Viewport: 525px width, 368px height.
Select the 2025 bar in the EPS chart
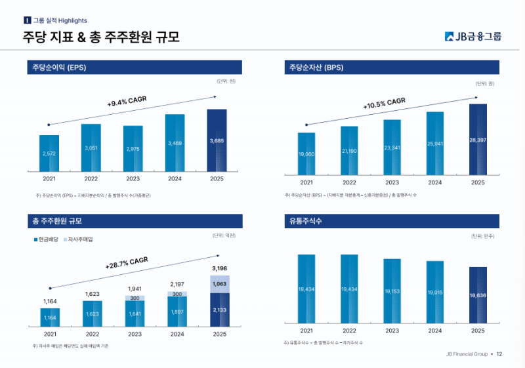217,140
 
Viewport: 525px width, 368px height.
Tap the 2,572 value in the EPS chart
49,153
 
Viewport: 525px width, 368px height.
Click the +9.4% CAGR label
127,102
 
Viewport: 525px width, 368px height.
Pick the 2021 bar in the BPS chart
306,154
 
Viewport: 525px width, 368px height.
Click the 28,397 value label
478,140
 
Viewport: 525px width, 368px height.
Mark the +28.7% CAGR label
127,264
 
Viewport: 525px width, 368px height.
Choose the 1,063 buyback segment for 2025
219,284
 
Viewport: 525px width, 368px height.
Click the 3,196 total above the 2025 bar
219,268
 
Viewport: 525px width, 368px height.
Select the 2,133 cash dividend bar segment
219,310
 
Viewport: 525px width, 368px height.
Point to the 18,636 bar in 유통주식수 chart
478,295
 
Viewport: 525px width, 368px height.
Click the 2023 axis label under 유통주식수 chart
392,331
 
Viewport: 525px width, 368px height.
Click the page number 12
499,354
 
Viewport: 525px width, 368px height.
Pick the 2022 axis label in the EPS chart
91,178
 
